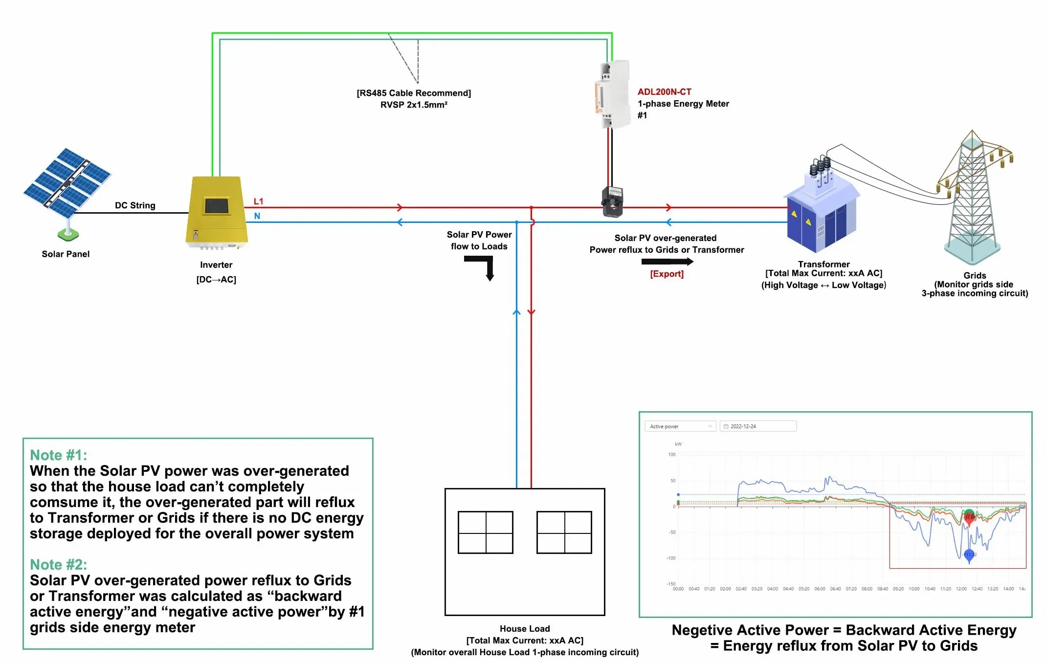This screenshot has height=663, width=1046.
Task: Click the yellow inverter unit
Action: click(x=216, y=211)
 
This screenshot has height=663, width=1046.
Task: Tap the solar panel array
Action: click(x=67, y=183)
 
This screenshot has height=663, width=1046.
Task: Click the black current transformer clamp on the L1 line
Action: click(x=612, y=201)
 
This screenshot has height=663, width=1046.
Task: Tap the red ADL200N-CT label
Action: click(x=664, y=92)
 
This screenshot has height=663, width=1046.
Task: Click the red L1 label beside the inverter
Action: click(x=258, y=201)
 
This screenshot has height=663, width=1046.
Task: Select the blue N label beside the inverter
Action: click(x=257, y=216)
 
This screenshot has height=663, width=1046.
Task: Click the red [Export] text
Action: click(x=667, y=274)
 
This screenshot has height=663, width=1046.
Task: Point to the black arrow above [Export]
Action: click(x=667, y=262)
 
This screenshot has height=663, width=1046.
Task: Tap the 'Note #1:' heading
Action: click(x=59, y=455)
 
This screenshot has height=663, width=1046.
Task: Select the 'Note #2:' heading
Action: click(x=59, y=565)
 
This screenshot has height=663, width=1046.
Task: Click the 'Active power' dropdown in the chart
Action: click(x=680, y=426)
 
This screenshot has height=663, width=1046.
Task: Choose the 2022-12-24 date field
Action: click(x=757, y=426)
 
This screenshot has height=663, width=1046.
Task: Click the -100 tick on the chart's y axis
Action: click(x=670, y=558)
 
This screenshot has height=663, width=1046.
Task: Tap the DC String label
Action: click(x=135, y=205)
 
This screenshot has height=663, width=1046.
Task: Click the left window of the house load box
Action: click(x=485, y=532)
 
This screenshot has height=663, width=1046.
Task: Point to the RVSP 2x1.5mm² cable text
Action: click(x=414, y=105)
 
